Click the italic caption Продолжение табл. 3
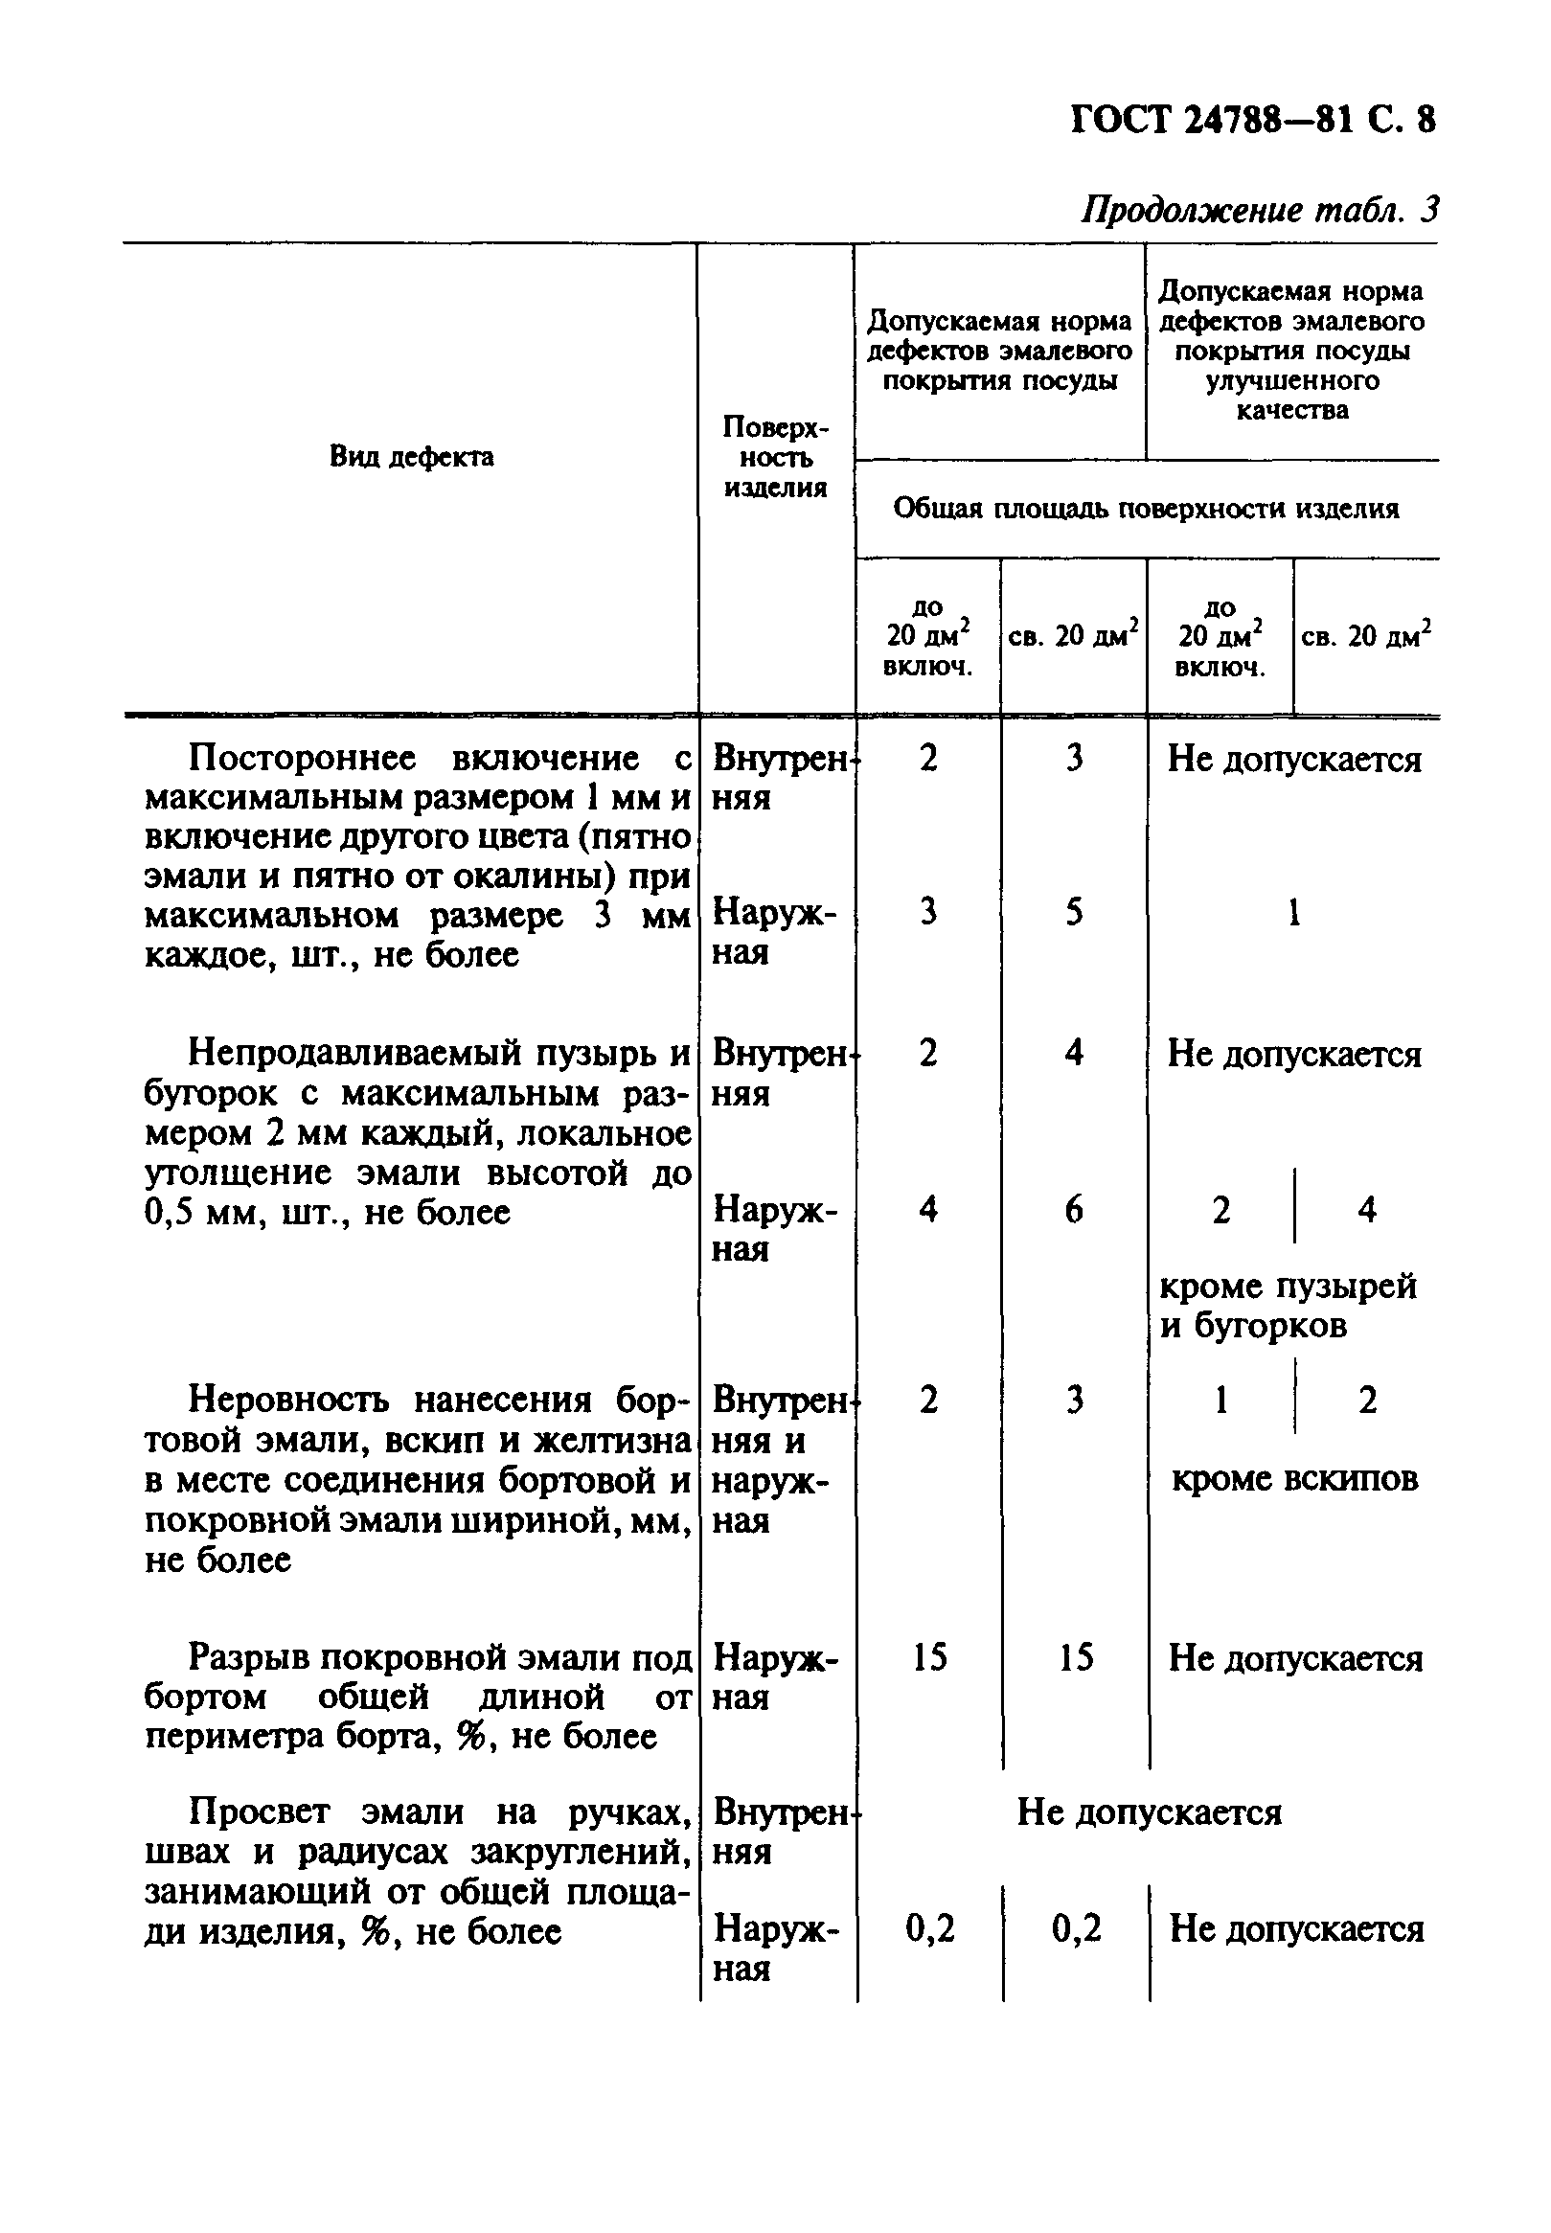tap(1260, 210)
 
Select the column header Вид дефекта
tap(411, 456)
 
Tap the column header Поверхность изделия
tap(774, 457)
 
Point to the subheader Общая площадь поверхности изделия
tap(1146, 509)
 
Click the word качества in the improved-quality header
tap(1291, 410)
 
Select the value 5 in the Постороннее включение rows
tap(1073, 911)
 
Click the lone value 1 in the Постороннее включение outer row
tap(1293, 912)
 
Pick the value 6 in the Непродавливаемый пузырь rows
tap(1073, 1209)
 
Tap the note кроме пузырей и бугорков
tap(1288, 1305)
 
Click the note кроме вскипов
tap(1294, 1478)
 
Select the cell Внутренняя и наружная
tap(772, 1460)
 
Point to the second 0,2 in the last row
tap(1076, 1927)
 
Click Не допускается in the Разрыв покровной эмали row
tap(1294, 1657)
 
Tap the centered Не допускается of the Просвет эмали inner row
tap(1149, 1811)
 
